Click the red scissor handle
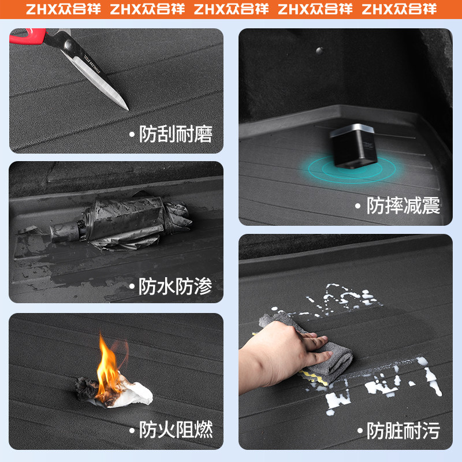coord(28,36)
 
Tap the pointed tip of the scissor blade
coord(128,109)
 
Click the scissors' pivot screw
coord(69,45)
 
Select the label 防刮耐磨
coord(176,135)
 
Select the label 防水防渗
coord(176,286)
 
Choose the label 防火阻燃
coord(176,430)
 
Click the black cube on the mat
coord(353,147)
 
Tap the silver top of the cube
coord(352,130)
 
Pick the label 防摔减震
coord(403,206)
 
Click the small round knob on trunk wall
coord(319,51)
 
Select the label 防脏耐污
coord(403,430)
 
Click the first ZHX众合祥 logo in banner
coord(63,9)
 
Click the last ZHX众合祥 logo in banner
coord(399,9)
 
